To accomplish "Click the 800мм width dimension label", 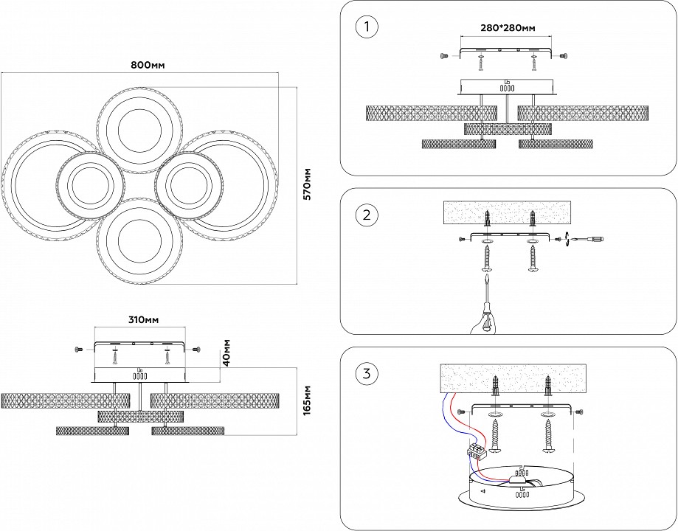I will pyautogui.click(x=148, y=65).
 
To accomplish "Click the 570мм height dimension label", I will pyautogui.click(x=308, y=184).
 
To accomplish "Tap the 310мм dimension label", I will pyautogui.click(x=139, y=321).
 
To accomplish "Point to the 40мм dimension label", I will pyautogui.click(x=227, y=353).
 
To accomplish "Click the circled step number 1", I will pyautogui.click(x=366, y=28).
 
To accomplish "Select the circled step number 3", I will pyautogui.click(x=366, y=374).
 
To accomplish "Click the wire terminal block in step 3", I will pyautogui.click(x=475, y=451).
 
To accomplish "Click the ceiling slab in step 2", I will pyautogui.click(x=508, y=212).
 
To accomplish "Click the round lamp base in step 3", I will pyautogui.click(x=524, y=490).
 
